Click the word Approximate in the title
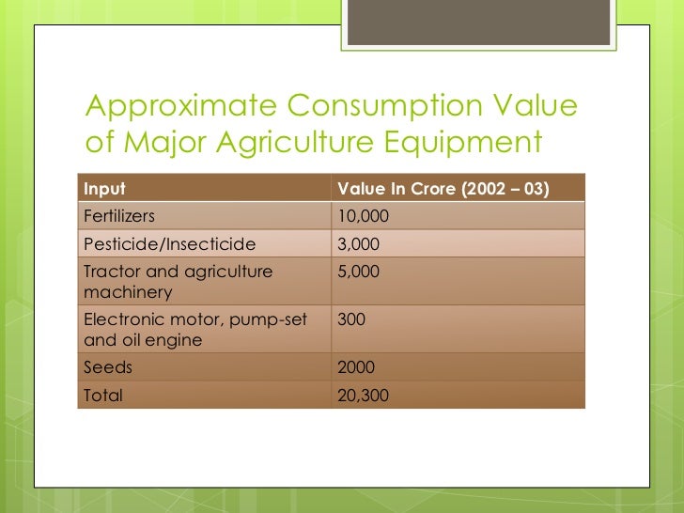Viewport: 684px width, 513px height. [x=163, y=107]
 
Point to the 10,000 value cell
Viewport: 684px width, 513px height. [x=363, y=217]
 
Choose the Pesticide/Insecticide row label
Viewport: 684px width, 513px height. [x=169, y=244]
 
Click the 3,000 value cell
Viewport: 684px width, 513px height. [x=358, y=244]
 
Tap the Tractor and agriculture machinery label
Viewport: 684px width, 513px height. [x=178, y=282]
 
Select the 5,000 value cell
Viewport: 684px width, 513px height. [x=358, y=272]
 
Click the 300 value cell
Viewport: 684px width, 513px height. [x=350, y=320]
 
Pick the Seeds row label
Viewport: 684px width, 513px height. [x=107, y=368]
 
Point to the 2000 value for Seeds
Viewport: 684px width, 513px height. [x=356, y=368]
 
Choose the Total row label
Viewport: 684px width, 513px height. [x=103, y=396]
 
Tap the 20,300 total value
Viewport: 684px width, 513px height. [x=363, y=396]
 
